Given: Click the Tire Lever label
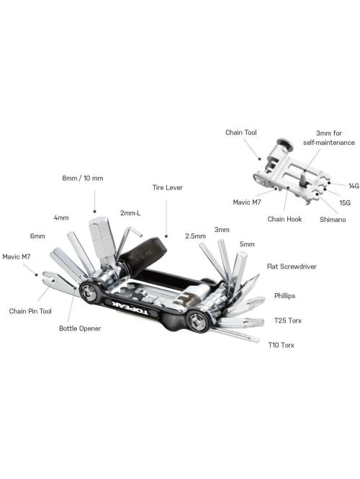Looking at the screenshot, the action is click(x=167, y=187).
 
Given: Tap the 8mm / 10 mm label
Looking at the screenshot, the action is click(x=83, y=178).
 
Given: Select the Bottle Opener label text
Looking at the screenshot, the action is click(x=80, y=328).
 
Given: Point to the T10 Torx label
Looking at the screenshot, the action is click(x=282, y=345).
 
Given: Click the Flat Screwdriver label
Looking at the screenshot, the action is click(x=292, y=267).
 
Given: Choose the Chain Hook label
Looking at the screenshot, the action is click(x=284, y=219).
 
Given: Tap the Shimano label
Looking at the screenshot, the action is click(x=333, y=220).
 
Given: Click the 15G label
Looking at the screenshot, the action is click(x=345, y=202).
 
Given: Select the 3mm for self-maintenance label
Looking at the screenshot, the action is click(x=329, y=138).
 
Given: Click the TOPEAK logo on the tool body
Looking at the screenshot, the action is click(x=130, y=308).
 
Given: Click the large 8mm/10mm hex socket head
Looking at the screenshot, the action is click(x=102, y=238).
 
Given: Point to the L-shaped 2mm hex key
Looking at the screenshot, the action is click(x=128, y=241).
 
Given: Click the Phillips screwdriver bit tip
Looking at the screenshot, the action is click(x=259, y=300).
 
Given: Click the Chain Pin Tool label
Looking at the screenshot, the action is click(x=30, y=311).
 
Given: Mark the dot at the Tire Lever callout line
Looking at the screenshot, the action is click(x=166, y=236).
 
